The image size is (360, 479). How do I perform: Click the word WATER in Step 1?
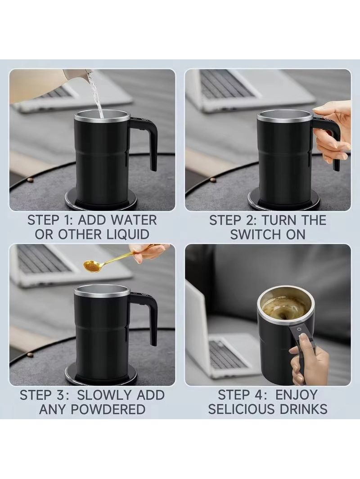[x=134, y=220]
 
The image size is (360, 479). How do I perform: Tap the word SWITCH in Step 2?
[x=255, y=235]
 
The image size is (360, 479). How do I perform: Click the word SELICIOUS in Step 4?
[x=246, y=409]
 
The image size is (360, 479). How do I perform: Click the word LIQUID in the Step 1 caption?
[x=128, y=235]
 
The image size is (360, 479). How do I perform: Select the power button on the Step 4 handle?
[x=299, y=329]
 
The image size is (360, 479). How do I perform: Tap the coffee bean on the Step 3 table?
[x=30, y=354]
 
